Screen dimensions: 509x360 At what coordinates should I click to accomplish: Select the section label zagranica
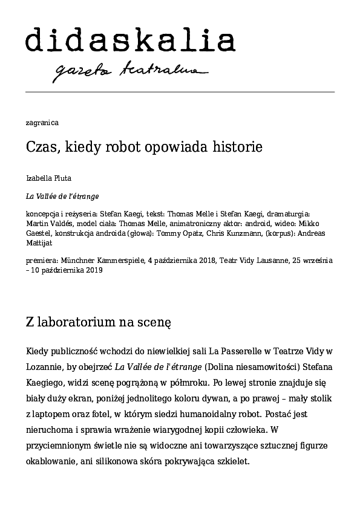click(42, 123)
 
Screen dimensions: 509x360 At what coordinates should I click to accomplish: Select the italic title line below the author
click(63, 196)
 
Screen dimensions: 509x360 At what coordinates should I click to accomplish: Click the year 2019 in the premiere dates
click(94, 270)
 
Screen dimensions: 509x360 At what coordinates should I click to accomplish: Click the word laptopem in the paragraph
click(57, 415)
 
